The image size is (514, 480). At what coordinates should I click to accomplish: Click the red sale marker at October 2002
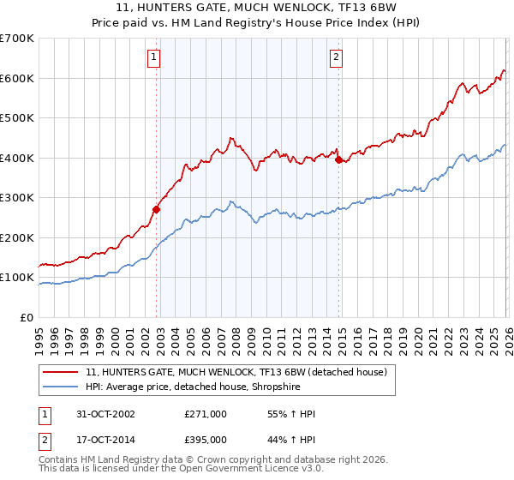coord(157,209)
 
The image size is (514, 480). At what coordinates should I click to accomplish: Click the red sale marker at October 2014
coord(339,159)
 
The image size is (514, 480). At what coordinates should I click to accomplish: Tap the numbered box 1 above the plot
coord(153,58)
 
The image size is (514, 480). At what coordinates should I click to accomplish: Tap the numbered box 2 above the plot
coord(336,58)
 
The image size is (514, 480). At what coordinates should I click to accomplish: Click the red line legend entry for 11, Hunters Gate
coord(236,372)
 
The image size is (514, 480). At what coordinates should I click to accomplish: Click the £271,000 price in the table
coord(206,414)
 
